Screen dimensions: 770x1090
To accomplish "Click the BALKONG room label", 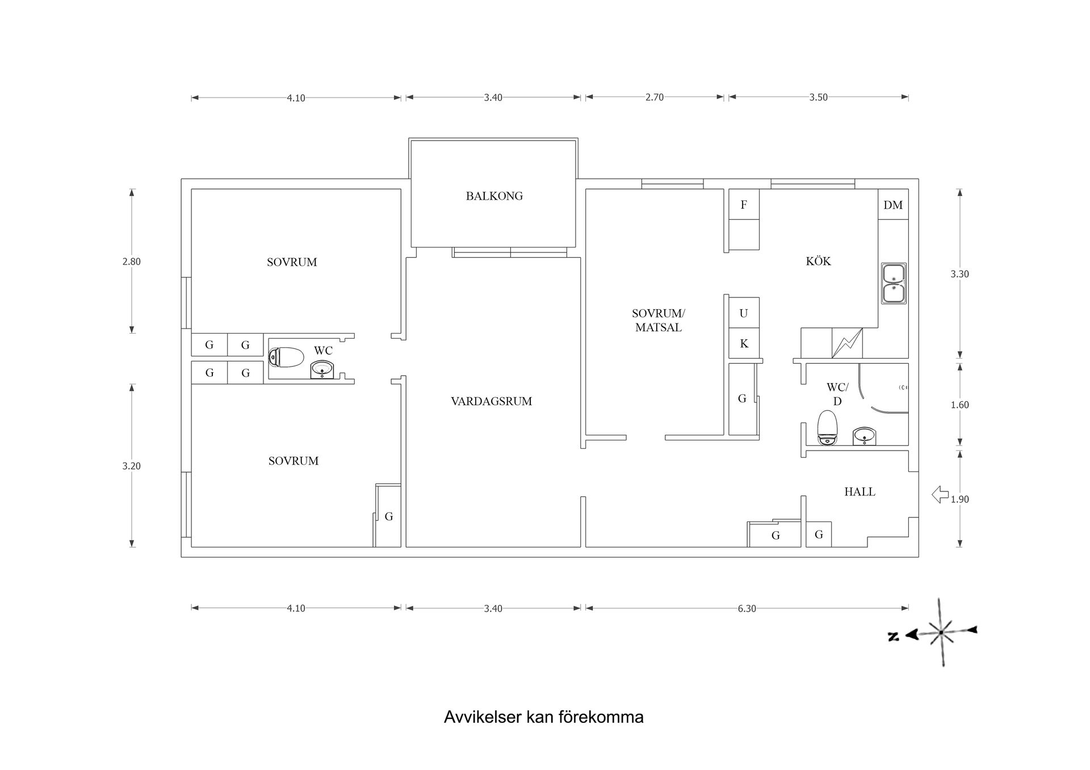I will pos(494,196).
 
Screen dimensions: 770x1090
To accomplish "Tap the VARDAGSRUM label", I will pos(492,402).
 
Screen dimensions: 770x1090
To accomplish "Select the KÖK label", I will pos(818,262).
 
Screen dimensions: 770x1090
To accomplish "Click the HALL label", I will pos(860,492).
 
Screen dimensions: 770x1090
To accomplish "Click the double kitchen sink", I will pos(894,284).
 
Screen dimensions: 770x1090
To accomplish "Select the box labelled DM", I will pos(893,205).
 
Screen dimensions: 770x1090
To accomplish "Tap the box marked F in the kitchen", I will pos(744,205).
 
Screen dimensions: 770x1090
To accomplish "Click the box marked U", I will pos(744,313).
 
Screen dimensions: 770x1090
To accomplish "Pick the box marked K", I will pos(744,344).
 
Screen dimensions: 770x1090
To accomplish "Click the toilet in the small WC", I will pos(287,357).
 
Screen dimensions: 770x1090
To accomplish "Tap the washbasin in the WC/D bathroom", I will pos(864,436).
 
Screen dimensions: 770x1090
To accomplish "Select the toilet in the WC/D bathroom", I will pos(828,428).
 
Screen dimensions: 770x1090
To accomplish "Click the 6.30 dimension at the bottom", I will pos(747,609).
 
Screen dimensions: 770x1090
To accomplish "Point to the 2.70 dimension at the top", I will pos(654,98).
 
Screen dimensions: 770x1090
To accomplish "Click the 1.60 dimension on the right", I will pos(959,405).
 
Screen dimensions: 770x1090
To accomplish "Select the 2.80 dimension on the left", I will pos(131,262).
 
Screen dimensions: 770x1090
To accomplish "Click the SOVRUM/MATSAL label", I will pos(659,321).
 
